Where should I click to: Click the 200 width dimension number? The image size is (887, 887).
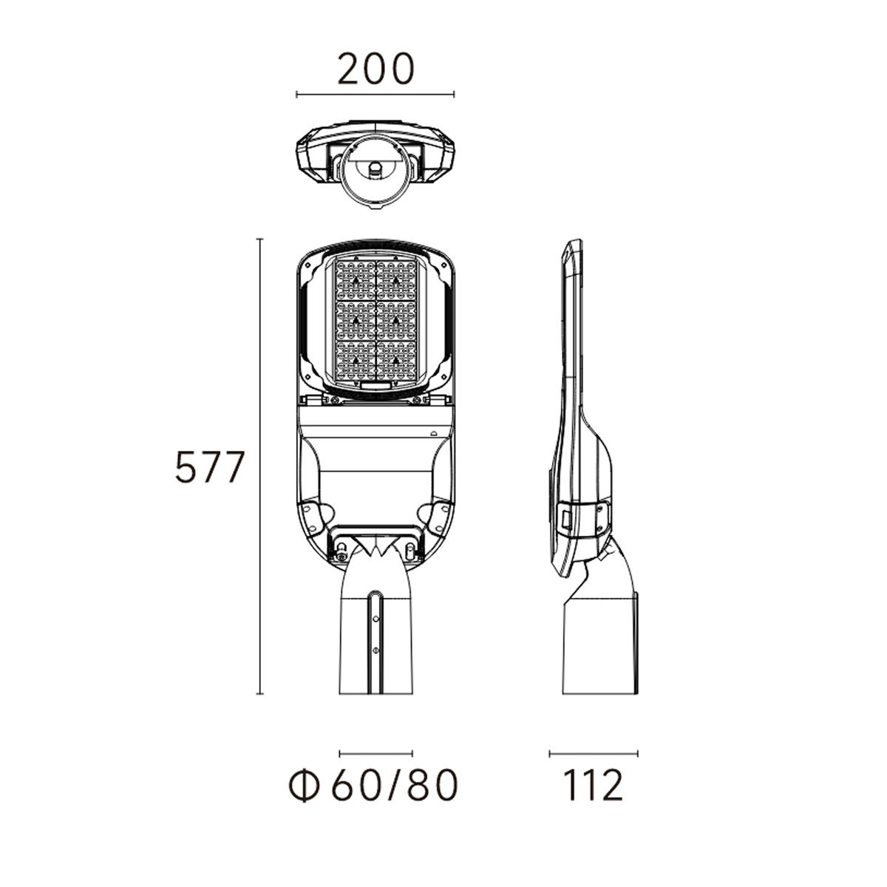click(x=375, y=69)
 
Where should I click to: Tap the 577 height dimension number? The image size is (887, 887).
click(x=209, y=466)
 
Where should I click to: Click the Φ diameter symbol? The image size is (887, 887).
click(x=305, y=785)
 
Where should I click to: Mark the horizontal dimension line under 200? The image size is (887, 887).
click(x=375, y=95)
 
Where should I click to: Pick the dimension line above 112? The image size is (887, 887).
click(x=594, y=741)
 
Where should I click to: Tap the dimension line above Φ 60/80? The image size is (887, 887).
click(x=375, y=741)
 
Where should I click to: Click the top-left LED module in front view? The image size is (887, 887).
click(x=356, y=279)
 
